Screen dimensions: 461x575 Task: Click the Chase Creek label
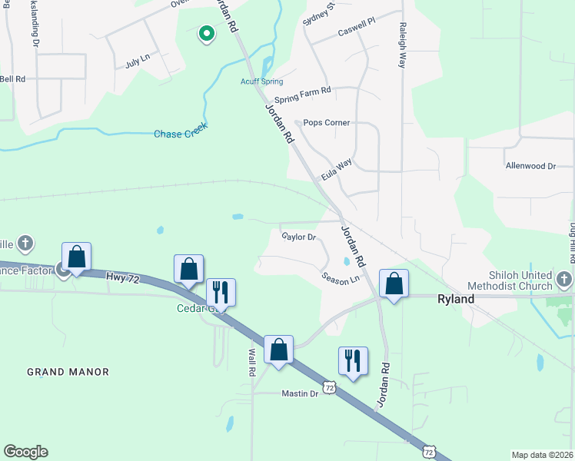coord(180,134)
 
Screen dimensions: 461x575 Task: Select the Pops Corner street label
coord(326,122)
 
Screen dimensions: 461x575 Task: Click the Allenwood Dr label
coord(530,166)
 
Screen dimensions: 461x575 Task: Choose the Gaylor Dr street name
coord(299,237)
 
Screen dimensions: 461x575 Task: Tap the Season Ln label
coord(341,279)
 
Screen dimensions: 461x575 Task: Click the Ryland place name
coord(456,299)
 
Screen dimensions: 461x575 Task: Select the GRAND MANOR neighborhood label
coord(68,372)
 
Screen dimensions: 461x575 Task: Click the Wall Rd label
coord(251,363)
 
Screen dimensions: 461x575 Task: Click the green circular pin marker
coord(206,34)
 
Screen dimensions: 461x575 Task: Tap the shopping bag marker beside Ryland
coord(394,284)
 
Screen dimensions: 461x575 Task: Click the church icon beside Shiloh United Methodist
coord(565,278)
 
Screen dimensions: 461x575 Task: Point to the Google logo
coord(25,452)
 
